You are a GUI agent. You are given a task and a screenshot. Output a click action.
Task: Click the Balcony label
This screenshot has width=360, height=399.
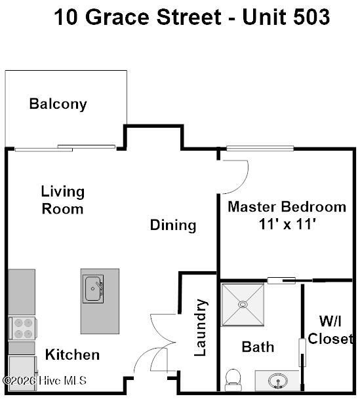click(58, 104)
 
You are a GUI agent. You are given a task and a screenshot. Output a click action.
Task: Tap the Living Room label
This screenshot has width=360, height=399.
click(63, 200)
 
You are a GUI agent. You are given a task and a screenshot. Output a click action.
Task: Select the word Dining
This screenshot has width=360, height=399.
click(173, 225)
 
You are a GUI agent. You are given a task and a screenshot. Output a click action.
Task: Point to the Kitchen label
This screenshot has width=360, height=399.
click(72, 354)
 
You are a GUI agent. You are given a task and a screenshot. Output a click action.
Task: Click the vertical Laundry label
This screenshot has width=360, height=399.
click(200, 328)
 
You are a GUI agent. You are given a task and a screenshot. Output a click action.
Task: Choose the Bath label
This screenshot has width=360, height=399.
click(258, 347)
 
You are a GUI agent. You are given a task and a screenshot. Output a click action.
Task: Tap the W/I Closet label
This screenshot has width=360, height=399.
click(330, 330)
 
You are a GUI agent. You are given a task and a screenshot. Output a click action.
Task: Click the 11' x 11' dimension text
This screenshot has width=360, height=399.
click(287, 225)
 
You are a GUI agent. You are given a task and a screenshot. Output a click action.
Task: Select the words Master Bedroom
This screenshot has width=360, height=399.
click(287, 206)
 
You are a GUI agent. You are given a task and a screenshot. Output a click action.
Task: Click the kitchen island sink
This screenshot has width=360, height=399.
click(93, 288)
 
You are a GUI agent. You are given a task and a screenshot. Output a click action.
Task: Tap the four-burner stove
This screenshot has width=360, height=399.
click(23, 328)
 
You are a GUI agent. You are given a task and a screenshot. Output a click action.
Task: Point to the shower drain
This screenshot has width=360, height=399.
click(243, 304)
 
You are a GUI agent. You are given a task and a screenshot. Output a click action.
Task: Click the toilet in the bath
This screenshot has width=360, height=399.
click(233, 380)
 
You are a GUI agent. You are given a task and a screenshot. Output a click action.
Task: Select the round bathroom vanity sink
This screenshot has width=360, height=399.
click(278, 381)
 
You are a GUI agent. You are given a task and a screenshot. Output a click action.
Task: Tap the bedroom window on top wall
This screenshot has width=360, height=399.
click(260, 148)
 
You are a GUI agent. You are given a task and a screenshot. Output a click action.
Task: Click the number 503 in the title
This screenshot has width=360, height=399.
click(311, 17)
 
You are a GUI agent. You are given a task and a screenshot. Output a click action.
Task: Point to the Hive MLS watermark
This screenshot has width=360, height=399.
click(45, 381)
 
